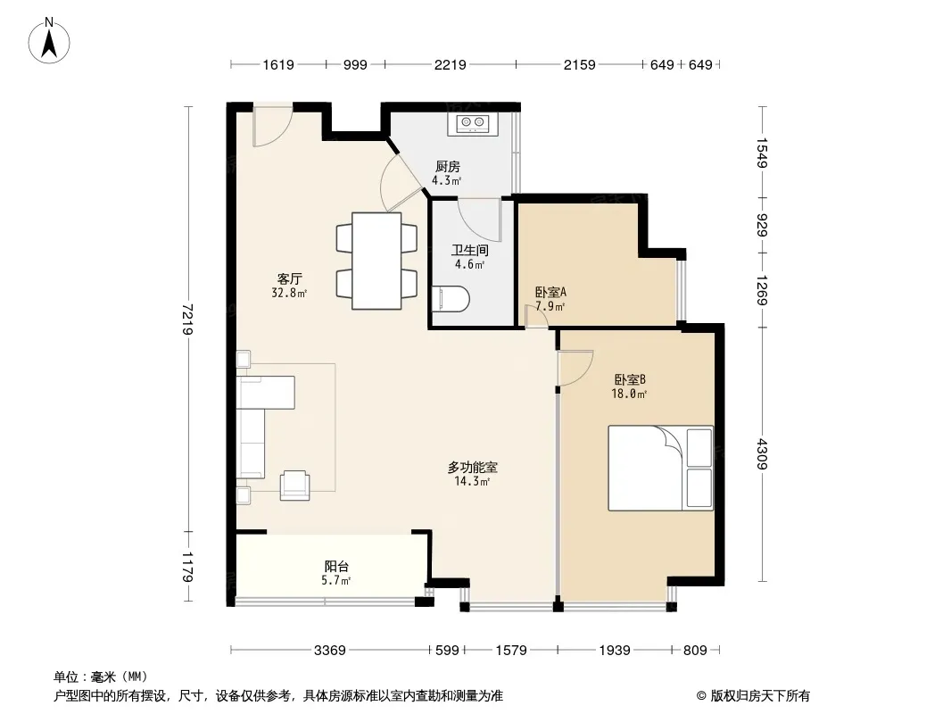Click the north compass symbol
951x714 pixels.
(49, 41)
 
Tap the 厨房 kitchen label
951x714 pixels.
(448, 166)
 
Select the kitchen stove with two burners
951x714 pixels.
(473, 124)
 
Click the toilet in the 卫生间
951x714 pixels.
(451, 298)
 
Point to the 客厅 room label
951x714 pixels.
(289, 279)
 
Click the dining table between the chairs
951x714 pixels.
(376, 261)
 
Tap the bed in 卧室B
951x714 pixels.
(660, 468)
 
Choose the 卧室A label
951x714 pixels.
(550, 293)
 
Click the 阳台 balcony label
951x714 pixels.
(336, 567)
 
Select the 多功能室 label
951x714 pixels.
(473, 468)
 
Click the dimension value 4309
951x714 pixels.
(763, 453)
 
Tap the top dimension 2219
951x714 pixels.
(450, 64)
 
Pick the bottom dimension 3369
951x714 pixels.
(330, 651)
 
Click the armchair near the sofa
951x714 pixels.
(294, 486)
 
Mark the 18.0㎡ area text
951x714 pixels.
(629, 394)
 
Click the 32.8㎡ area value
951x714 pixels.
(289, 293)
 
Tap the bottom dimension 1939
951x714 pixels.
(615, 651)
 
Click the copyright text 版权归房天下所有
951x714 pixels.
(760, 696)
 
